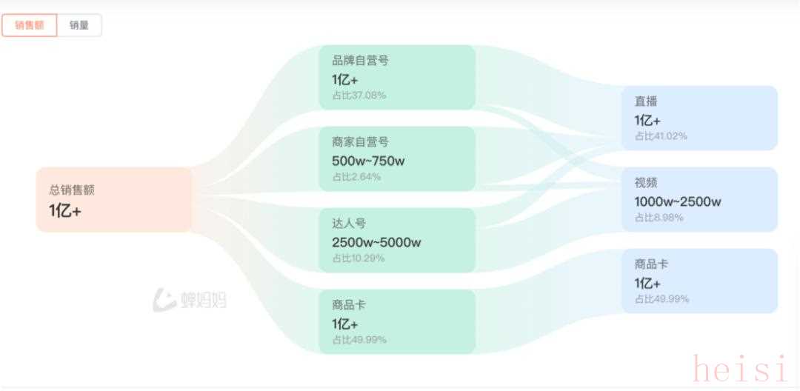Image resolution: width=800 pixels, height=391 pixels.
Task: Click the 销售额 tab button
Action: pos(30,25)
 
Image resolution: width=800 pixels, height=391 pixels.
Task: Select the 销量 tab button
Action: pos(79,25)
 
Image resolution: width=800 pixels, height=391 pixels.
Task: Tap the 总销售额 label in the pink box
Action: pos(72,190)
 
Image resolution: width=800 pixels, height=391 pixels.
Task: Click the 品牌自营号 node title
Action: pos(360,61)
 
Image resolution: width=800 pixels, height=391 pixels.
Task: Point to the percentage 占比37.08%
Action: pos(359,96)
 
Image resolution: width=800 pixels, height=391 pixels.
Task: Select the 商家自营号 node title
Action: pos(360,141)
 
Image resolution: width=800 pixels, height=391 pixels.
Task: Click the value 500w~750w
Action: pos(368,161)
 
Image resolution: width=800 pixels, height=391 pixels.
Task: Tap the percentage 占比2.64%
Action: pos(356,177)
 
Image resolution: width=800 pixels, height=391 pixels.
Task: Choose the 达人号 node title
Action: pos(349,224)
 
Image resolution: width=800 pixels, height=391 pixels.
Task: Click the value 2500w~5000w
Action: pos(376,243)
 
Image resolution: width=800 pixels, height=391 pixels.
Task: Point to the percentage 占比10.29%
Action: pos(359,258)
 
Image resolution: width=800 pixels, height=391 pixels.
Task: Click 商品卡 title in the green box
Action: pos(349,305)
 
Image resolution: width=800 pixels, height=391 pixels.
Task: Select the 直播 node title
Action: pos(646,101)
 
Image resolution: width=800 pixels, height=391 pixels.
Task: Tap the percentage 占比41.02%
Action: pos(661,136)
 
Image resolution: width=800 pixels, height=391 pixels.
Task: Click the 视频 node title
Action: pos(646,182)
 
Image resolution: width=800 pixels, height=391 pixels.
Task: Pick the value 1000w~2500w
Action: pos(678,202)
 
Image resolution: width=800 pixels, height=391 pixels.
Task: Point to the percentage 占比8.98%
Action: pos(659,218)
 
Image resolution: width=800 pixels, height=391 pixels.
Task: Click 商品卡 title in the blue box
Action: pos(652,264)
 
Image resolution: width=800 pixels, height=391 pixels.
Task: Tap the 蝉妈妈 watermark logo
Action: pos(190,300)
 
